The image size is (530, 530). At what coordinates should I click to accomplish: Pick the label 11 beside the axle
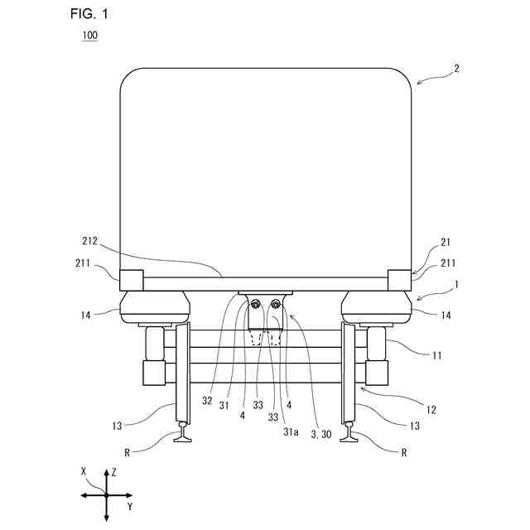436,355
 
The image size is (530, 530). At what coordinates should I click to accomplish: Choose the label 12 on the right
432,408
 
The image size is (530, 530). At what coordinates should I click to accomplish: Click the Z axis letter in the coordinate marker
113,472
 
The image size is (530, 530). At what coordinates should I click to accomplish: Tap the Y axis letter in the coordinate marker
129,504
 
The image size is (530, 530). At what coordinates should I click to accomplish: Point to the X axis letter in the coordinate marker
84,470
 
